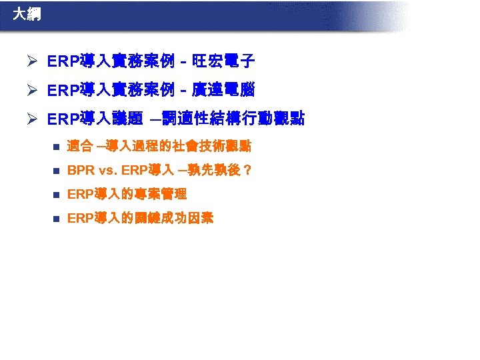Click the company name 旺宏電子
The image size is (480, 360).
click(x=223, y=63)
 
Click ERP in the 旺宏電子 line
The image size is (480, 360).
click(x=63, y=63)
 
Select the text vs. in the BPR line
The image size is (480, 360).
click(x=108, y=171)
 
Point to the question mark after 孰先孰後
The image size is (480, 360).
click(x=247, y=171)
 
